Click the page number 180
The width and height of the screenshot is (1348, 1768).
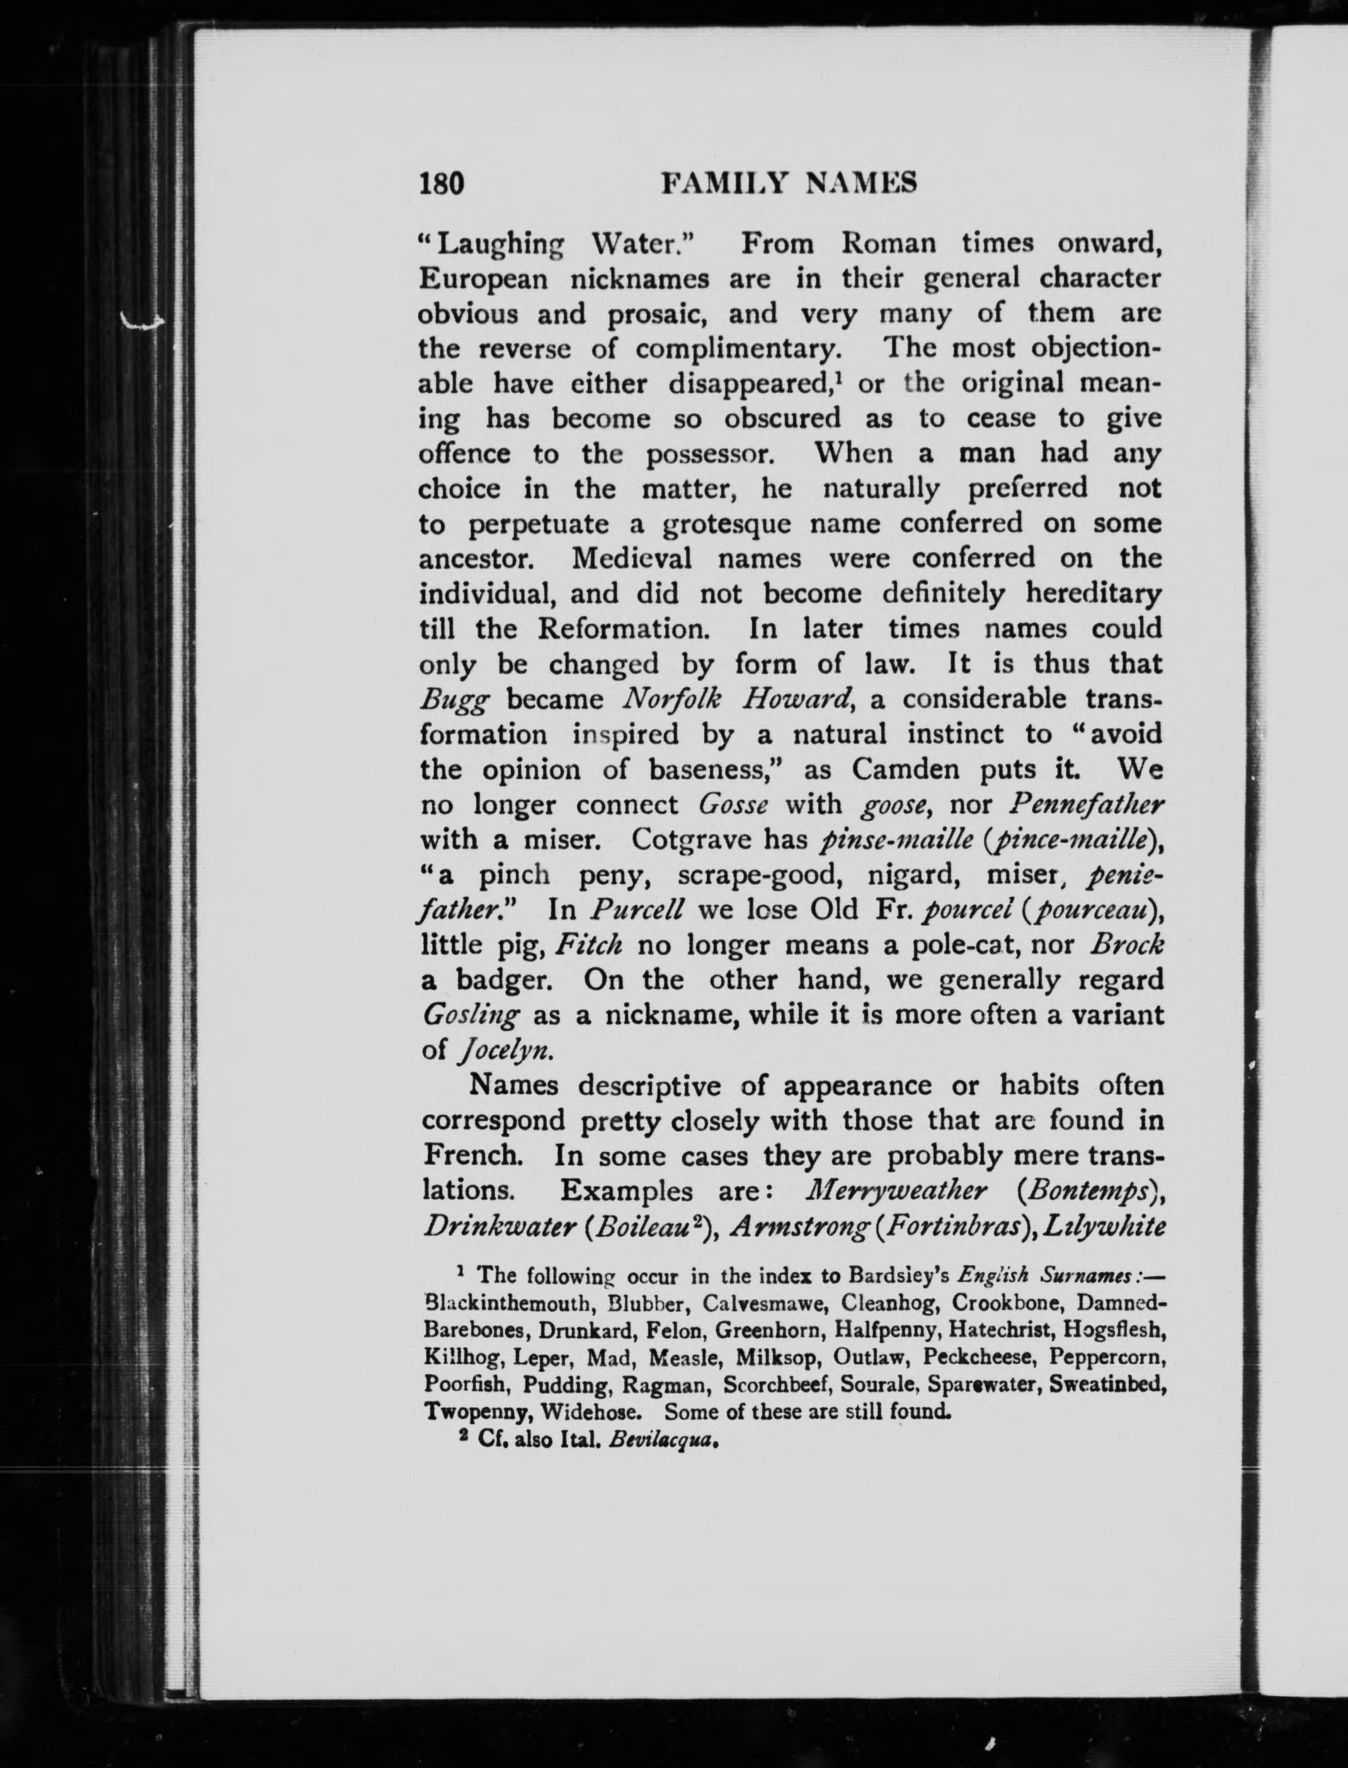(442, 184)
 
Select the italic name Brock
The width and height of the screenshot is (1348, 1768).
(1126, 945)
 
